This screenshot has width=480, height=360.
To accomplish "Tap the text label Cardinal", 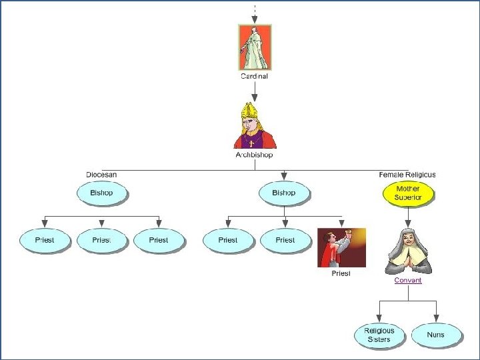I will [254, 77].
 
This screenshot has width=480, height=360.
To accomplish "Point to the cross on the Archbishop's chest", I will [251, 143].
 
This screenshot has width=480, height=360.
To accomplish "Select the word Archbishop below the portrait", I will [254, 155].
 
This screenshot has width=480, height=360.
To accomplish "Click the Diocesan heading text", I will [101, 175].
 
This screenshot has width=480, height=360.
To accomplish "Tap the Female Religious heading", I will [407, 175].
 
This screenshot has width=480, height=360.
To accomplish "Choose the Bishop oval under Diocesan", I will [101, 193].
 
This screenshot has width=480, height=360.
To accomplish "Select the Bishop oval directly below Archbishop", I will [283, 193].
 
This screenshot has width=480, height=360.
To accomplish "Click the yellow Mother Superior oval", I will [408, 193].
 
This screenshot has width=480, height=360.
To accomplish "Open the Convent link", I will [408, 281].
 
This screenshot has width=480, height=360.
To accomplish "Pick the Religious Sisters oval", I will [379, 335].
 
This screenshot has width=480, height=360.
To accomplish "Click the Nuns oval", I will [435, 335].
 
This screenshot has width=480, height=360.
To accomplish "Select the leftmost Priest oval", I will [45, 240].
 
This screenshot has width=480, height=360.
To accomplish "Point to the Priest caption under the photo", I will [341, 273].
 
